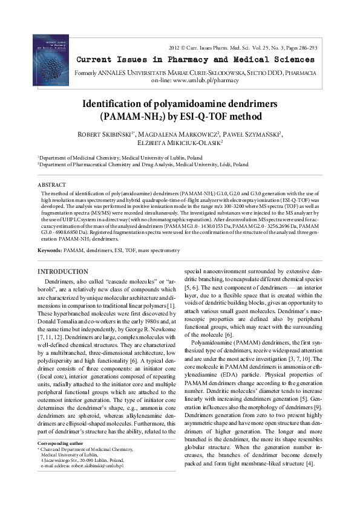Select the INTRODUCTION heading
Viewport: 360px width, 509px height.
tap(63, 271)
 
